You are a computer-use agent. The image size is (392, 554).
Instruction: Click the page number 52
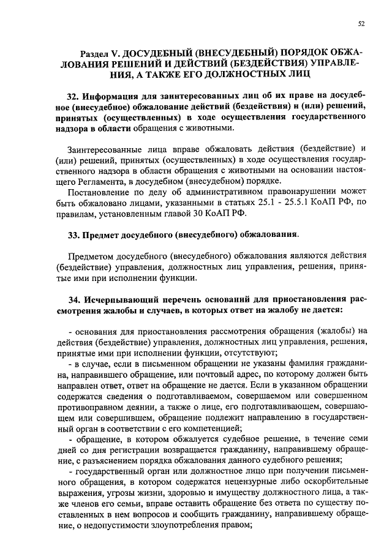click(361, 24)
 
